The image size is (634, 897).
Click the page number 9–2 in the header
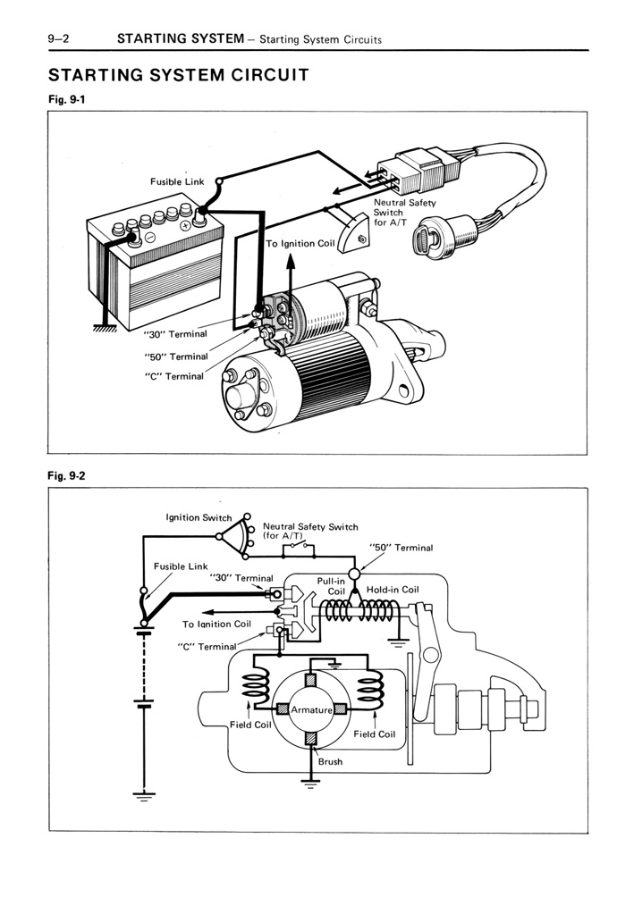coord(65,38)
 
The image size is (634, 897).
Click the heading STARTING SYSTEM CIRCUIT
coord(179,74)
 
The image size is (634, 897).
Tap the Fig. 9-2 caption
coord(67,476)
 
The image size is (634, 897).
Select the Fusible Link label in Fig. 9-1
coord(177,181)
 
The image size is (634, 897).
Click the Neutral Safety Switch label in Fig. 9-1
coord(404,213)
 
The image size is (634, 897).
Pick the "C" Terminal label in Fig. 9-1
coord(174,376)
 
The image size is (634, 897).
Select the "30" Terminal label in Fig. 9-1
coord(175,334)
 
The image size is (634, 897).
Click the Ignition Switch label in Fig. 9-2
coord(199,517)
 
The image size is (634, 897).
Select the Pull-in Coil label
coord(334,586)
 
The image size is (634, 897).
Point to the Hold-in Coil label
coord(393,590)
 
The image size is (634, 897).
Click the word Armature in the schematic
coord(310,710)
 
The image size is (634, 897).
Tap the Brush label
coord(329,762)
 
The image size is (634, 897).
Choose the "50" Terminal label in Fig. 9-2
coord(401,548)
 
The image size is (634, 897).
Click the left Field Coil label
coord(250,725)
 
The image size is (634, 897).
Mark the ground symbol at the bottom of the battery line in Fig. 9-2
coord(142,796)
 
